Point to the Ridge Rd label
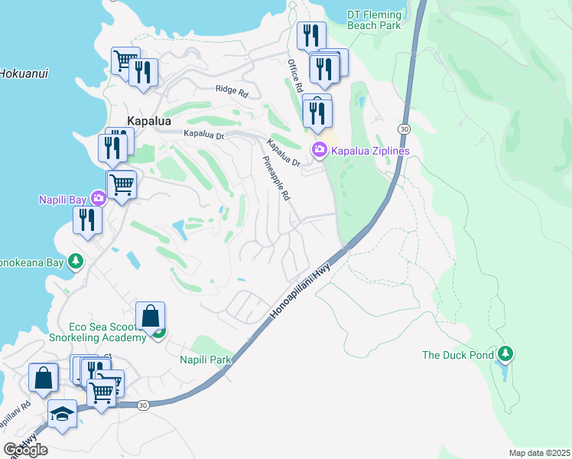pyautogui.click(x=232, y=91)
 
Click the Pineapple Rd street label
pyautogui.click(x=277, y=179)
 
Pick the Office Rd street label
pyautogui.click(x=294, y=76)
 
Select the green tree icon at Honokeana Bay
pyautogui.click(x=75, y=262)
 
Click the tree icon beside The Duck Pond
pyautogui.click(x=505, y=354)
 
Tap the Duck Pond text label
pyautogui.click(x=457, y=355)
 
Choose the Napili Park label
pyautogui.click(x=205, y=360)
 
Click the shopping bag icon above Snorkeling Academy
pyautogui.click(x=151, y=314)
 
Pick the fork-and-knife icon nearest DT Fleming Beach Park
pyautogui.click(x=311, y=34)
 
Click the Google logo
pyautogui.click(x=25, y=450)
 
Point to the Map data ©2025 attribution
pyautogui.click(x=539, y=453)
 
